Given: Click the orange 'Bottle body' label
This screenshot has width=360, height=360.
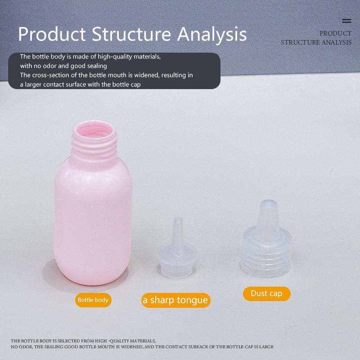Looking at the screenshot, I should (93, 300).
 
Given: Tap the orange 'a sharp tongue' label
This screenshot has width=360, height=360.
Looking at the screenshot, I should (175, 300).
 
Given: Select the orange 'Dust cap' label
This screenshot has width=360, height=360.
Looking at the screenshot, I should (266, 294).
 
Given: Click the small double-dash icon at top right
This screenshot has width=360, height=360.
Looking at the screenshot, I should (346, 21).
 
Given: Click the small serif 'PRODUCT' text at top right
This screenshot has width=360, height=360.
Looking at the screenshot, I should (335, 33).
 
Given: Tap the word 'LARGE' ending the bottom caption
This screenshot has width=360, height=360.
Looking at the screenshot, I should (264, 347).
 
